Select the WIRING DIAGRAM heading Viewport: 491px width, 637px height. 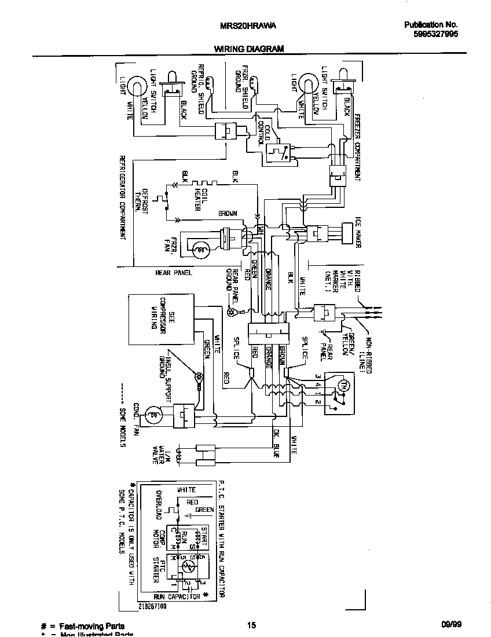(x=249, y=49)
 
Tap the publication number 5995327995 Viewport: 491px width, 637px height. (x=431, y=34)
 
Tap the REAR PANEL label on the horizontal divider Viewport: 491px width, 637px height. (x=174, y=273)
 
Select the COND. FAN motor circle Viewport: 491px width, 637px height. (x=153, y=413)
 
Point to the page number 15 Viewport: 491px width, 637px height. (x=251, y=625)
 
